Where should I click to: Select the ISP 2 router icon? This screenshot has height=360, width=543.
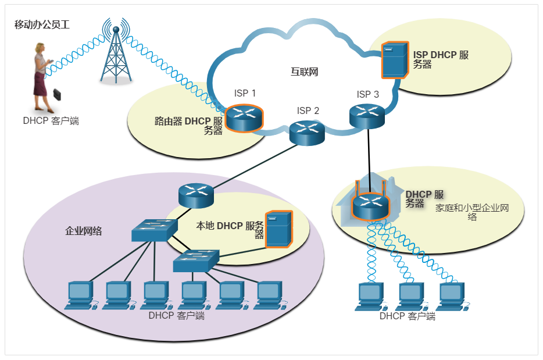pyautogui.click(x=307, y=133)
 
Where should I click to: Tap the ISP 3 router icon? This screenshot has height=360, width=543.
pyautogui.click(x=367, y=115)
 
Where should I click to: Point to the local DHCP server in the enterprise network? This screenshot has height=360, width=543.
pyautogui.click(x=278, y=229)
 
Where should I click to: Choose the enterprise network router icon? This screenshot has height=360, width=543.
pyautogui.click(x=196, y=195)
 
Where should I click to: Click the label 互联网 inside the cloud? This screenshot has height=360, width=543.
pyautogui.click(x=304, y=72)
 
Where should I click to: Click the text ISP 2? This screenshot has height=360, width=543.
pyautogui.click(x=308, y=111)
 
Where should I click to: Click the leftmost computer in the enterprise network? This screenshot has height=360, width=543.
pyautogui.click(x=80, y=294)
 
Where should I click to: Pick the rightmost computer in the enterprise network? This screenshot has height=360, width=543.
pyautogui.click(x=269, y=294)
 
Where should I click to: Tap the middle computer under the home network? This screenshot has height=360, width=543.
pyautogui.click(x=411, y=296)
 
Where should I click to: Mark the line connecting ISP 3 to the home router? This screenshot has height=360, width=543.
pyautogui.click(x=368, y=154)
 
